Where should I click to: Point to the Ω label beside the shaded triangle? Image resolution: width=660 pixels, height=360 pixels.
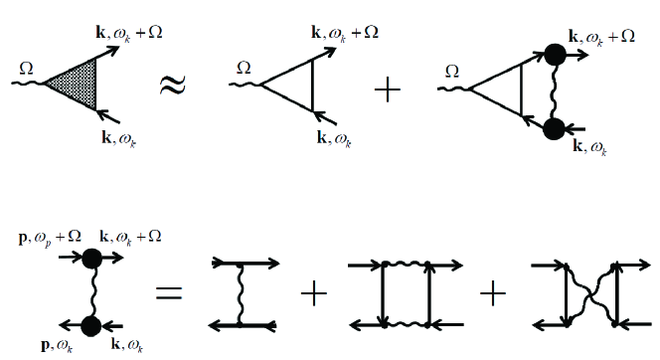[x=27, y=67]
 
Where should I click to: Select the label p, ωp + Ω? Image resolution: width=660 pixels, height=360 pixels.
[x=43, y=240]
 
